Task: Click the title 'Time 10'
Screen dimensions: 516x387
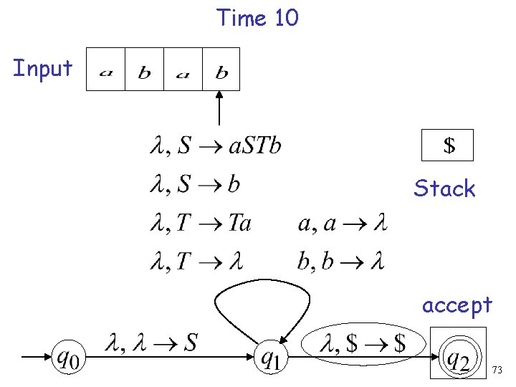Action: [x=257, y=17]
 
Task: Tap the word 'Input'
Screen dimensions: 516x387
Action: [x=43, y=69]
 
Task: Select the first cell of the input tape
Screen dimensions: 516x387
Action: [x=105, y=70]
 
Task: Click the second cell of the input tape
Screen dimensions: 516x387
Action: [x=144, y=70]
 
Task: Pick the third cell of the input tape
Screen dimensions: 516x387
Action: [x=183, y=70]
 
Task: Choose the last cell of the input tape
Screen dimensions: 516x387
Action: [x=221, y=70]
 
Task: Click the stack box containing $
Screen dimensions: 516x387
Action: [x=447, y=145]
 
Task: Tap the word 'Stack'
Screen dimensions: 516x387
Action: [x=444, y=189]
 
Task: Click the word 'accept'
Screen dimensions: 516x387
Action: [x=457, y=305]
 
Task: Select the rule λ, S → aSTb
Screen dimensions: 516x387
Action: [x=215, y=146]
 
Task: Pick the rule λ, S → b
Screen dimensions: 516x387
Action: [x=195, y=185]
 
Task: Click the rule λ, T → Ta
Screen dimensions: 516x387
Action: [x=200, y=224]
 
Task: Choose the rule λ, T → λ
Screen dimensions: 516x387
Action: [x=196, y=262]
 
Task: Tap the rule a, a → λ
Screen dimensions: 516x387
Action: [x=342, y=224]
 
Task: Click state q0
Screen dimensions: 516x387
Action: [x=68, y=356]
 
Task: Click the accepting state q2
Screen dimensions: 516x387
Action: [x=458, y=356]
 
